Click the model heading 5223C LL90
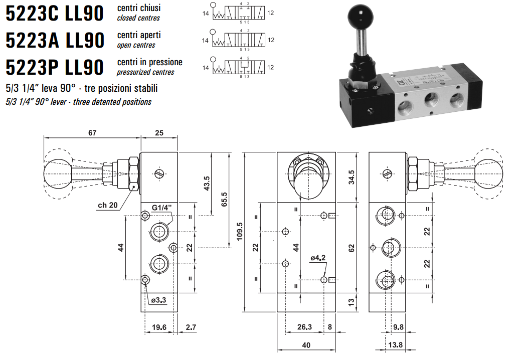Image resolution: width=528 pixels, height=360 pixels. pos(54,14)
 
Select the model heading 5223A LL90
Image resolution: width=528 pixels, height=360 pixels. pos(54,40)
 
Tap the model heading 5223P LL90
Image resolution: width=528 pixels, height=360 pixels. pos(54,67)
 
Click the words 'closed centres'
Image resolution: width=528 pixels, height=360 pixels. pos(138,18)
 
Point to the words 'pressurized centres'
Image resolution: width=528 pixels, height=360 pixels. pos(145,72)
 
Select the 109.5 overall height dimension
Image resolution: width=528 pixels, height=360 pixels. pos(239,232)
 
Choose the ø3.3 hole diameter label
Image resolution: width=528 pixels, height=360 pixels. pos(158,300)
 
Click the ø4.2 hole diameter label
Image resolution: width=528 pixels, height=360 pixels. pos(318,258)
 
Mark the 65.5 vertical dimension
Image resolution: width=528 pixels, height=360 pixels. pos(224,200)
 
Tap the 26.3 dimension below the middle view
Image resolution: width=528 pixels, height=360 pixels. pos(304,327)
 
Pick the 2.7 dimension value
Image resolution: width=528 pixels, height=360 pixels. pos(191,327)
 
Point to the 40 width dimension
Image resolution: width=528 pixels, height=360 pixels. pos(306,345)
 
